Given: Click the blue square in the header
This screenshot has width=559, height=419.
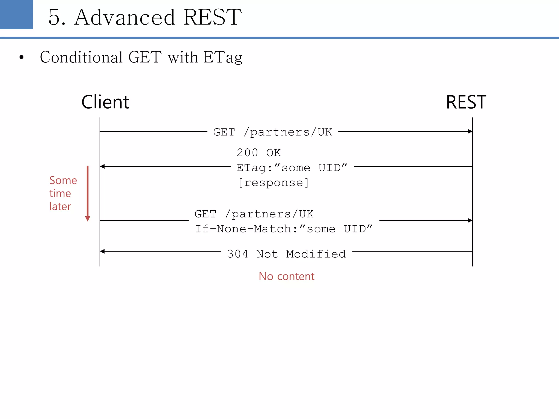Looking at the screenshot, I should (16, 14).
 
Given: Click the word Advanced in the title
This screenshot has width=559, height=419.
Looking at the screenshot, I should (124, 17).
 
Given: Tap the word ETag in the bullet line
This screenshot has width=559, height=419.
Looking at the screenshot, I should (223, 58).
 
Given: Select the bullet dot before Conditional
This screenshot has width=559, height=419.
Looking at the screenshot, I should (22, 58).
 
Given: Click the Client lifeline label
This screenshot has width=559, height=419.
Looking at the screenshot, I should (105, 102).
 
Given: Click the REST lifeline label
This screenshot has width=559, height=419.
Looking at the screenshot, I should (466, 102).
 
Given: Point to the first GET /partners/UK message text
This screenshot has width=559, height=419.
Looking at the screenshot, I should (272, 132).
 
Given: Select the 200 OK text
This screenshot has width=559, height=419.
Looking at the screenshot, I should (258, 153).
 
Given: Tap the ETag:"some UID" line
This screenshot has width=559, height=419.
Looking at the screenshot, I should (292, 167).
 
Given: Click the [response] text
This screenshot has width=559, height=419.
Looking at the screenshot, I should (273, 182).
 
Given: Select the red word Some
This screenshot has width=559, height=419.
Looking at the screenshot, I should (63, 181).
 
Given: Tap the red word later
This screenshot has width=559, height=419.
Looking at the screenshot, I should (60, 206).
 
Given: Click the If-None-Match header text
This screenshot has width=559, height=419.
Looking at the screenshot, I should (283, 229).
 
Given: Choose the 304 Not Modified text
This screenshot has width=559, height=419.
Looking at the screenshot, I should (286, 254).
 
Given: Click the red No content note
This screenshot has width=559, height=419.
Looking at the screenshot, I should (286, 276).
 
